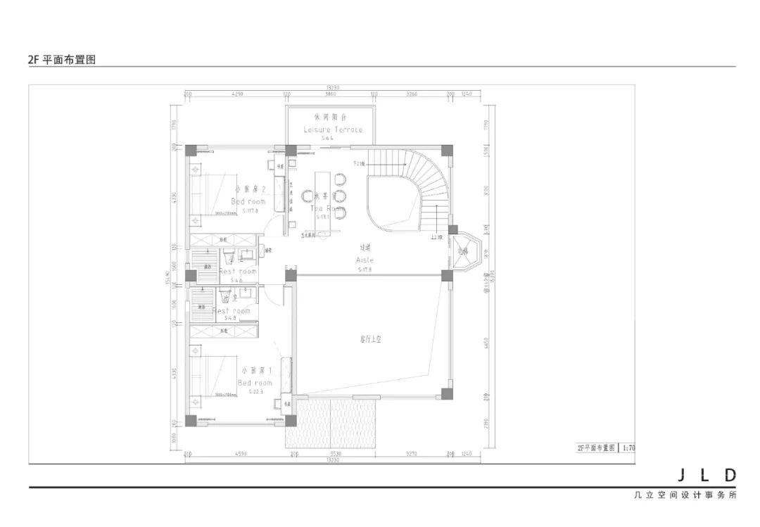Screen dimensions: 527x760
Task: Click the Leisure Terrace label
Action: pyautogui.click(x=333, y=129)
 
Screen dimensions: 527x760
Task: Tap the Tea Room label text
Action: pyautogui.click(x=327, y=208)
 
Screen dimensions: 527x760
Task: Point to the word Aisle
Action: pyautogui.click(x=365, y=260)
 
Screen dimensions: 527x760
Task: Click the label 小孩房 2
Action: pyautogui.click(x=248, y=189)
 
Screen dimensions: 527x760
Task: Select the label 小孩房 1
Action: pyautogui.click(x=254, y=370)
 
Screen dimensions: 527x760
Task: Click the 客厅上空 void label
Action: pyautogui.click(x=369, y=338)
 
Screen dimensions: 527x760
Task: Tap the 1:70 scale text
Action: pyautogui.click(x=628, y=447)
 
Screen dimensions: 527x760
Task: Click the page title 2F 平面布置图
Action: pyautogui.click(x=61, y=60)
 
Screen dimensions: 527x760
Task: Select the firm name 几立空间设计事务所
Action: pyautogui.click(x=684, y=495)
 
